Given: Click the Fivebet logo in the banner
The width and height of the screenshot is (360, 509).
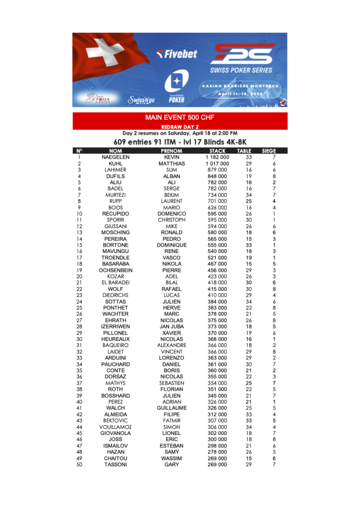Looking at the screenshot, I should point(177,54).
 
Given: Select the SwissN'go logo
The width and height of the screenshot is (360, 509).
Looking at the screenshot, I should point(141,100).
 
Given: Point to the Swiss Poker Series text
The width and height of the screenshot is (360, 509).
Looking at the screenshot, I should point(241,70).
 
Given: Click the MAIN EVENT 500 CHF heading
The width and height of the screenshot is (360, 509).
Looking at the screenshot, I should point(180,118).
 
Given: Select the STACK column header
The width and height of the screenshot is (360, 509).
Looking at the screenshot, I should point(217,151).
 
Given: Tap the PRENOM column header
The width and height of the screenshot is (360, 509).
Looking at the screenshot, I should point(172,151).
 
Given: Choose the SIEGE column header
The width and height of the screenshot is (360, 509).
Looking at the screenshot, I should point(269,151).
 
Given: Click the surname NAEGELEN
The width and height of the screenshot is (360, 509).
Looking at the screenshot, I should point(115,157).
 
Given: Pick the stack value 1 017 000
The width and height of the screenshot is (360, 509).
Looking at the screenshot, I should point(217,164).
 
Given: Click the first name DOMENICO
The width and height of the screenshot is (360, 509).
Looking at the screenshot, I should point(172,214).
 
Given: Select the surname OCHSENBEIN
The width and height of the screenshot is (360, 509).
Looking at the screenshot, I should point(115,270).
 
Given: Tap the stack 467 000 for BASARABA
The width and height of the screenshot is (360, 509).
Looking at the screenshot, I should point(217,264).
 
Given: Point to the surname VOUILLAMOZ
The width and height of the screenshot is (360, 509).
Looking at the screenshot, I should point(115,427).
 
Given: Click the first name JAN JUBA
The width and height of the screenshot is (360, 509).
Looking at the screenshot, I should point(172,327).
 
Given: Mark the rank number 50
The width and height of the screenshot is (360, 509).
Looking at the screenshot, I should point(79,464).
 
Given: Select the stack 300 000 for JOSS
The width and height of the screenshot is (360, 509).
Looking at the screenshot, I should point(217,439).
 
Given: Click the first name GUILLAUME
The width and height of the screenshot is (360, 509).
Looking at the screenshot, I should point(172,408).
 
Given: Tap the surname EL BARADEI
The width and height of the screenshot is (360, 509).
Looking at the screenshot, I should point(115,283).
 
